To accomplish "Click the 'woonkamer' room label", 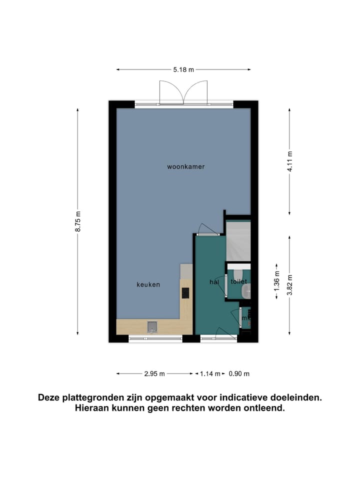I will (x=185, y=166).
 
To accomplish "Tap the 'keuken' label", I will (x=148, y=284).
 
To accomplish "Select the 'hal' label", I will (x=214, y=282).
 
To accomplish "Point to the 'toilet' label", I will (x=238, y=282).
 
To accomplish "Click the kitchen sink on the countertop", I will (x=152, y=327).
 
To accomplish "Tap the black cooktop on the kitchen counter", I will (x=185, y=292).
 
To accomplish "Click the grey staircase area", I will (x=238, y=241).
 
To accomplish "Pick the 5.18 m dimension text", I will (x=183, y=70).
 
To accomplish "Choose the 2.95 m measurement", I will (x=154, y=373).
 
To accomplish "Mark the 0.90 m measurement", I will (x=239, y=373).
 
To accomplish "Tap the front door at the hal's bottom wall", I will (x=218, y=335).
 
